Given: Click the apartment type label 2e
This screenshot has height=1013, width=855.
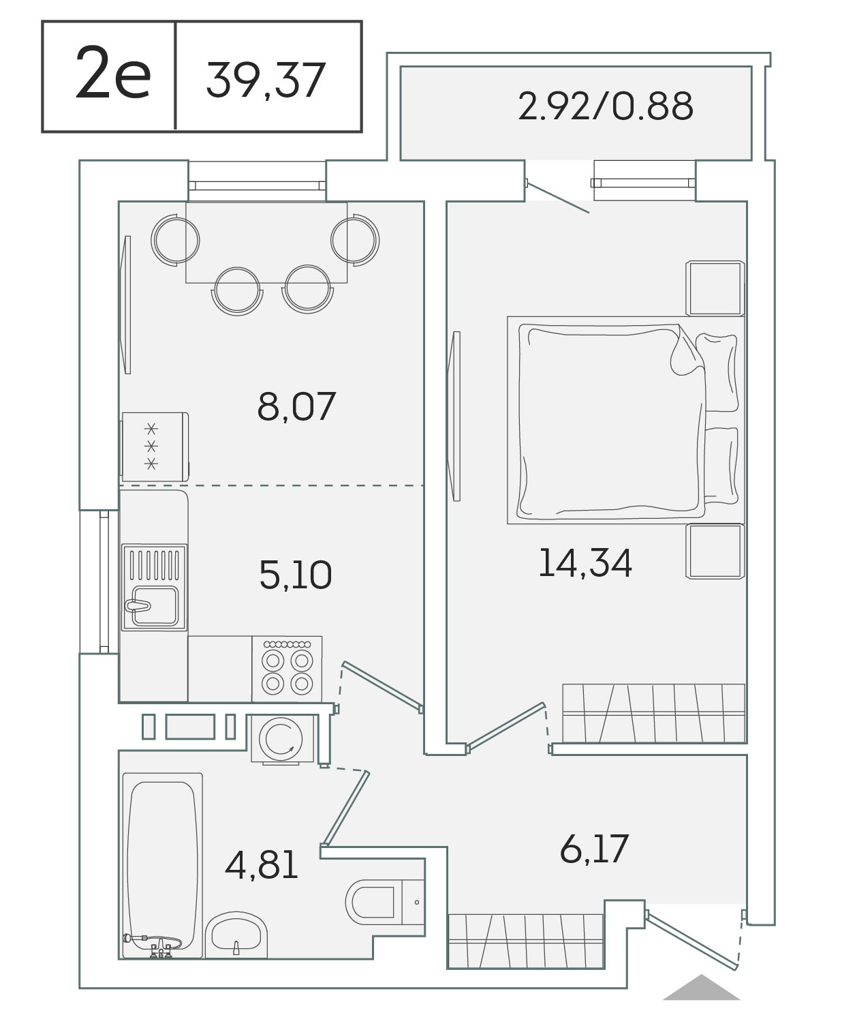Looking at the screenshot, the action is [113, 73].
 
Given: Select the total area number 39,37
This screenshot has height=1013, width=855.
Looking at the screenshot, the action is [265, 80].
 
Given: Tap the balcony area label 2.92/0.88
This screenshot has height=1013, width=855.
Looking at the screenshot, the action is [605, 106].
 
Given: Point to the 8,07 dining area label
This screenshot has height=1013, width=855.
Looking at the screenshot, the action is [296, 406].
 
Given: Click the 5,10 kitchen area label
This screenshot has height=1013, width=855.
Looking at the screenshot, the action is [296, 575].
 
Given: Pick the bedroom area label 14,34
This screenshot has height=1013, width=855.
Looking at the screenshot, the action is [585, 563].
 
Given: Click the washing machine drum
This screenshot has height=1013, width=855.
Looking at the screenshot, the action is [281, 739].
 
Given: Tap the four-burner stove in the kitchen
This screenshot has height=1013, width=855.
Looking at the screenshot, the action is [287, 669].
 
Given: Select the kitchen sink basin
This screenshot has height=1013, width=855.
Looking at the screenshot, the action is [155, 606].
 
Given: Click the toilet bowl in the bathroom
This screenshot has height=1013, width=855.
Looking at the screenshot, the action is [373, 903].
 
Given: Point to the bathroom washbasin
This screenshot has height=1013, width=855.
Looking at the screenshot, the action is [236, 935].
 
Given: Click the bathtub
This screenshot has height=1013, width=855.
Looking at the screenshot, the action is [162, 866].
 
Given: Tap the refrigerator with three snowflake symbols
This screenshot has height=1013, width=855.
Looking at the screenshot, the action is [155, 447].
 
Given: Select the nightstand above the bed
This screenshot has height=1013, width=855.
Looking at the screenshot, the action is [715, 288].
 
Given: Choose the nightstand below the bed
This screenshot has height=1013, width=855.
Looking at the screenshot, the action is [715, 551].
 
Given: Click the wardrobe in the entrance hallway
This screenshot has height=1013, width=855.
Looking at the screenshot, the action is [526, 941].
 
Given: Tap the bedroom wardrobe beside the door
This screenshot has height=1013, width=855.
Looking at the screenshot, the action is [654, 712].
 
